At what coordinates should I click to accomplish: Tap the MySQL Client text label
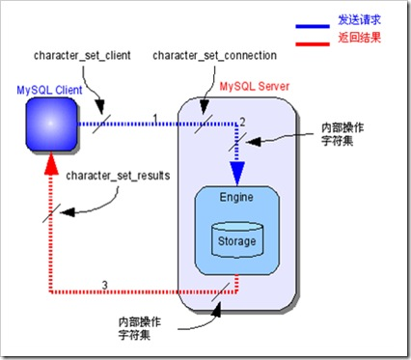49,90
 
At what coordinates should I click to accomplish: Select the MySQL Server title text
256,87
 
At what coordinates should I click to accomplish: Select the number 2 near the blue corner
243,120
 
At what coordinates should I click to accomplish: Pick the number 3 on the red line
119,284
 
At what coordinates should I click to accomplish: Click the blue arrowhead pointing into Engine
236,174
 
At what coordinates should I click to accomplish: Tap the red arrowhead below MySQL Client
50,170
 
